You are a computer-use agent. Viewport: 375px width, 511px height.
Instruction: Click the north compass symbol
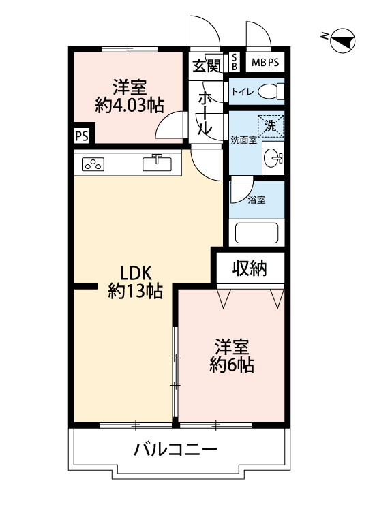coord(342,41)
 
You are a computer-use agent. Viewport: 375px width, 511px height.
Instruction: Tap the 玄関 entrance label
coord(207,66)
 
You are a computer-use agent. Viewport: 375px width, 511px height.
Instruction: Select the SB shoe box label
coord(234,62)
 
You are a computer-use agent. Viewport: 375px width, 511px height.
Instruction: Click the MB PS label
coord(265,62)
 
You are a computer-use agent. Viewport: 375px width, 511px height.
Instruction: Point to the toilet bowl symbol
coord(271,91)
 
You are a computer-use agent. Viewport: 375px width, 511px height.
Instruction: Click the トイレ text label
coord(243,92)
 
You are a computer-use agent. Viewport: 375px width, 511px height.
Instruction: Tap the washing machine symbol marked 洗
coord(271,126)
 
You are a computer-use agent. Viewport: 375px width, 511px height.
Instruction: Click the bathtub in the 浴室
coord(256,233)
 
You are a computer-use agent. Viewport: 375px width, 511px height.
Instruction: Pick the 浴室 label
coord(256,200)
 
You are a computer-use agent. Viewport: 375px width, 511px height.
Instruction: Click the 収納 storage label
coord(250,269)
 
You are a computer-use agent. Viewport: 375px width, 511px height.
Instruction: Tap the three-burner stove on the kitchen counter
coord(93,165)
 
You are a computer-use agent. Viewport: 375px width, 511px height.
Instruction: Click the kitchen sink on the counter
coord(157,163)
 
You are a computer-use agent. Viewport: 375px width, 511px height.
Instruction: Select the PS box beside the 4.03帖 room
coord(82,136)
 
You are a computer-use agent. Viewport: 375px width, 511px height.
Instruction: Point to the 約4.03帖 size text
coord(130,105)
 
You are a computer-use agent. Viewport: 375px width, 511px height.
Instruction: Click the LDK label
coord(136,273)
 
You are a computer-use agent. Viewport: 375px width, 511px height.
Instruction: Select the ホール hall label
coord(205,112)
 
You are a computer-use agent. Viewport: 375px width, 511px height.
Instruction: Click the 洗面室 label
coord(244,140)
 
